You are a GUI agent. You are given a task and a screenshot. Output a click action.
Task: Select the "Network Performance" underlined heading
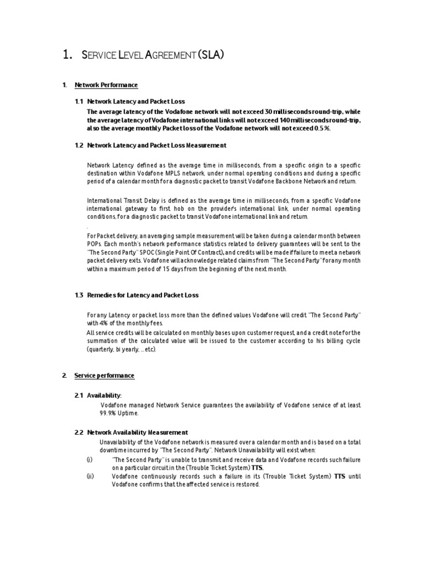click(x=106, y=85)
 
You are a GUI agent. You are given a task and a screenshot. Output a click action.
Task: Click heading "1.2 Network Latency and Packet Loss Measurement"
click(x=150, y=145)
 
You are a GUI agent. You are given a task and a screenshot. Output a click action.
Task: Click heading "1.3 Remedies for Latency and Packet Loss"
click(x=137, y=295)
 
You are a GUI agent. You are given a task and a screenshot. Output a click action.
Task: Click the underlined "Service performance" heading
click(x=104, y=376)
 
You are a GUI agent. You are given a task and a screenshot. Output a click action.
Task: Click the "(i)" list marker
click(x=90, y=458)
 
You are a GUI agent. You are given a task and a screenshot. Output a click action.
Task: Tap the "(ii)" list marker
click(x=90, y=476)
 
